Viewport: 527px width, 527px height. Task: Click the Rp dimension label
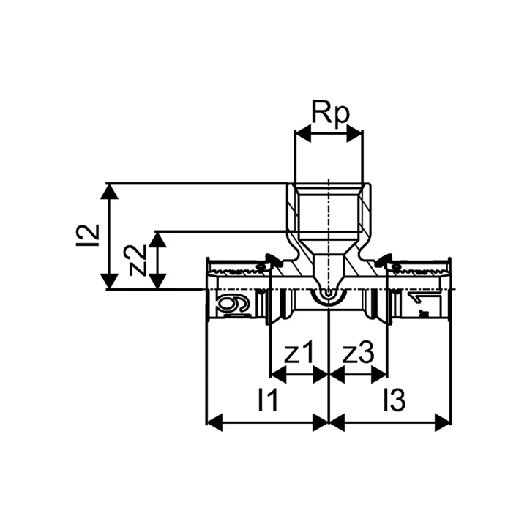coord(331,112)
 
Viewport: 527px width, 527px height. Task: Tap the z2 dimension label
coord(138,260)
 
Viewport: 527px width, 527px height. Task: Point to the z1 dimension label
coord(299,353)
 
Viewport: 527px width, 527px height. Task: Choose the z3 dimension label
coord(358,353)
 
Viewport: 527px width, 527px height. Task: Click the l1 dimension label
coord(268,400)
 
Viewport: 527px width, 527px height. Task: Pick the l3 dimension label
coord(395,400)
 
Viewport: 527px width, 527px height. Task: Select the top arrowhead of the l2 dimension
coord(109,192)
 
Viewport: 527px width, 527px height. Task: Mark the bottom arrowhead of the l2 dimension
coord(109,281)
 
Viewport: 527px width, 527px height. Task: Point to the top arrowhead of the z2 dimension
coord(157,239)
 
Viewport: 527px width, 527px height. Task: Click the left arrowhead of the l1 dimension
coord(214,422)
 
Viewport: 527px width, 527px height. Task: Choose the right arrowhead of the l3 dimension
coord(442,422)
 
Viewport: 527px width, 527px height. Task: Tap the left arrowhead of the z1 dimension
coord(278,375)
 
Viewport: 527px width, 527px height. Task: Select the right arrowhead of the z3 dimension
coord(379,375)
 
